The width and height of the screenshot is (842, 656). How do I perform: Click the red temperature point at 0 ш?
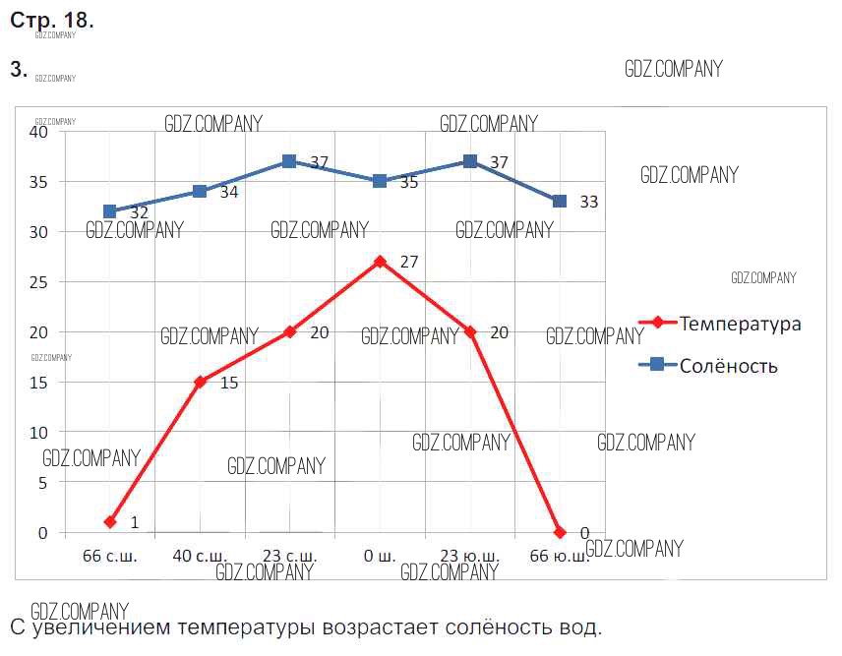(x=380, y=262)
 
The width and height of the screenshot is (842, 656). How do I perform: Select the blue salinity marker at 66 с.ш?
(x=110, y=211)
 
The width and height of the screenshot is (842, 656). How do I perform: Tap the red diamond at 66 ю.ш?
(x=560, y=532)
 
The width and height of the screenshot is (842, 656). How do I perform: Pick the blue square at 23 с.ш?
(x=289, y=161)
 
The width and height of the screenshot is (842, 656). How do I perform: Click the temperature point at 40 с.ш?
(x=200, y=382)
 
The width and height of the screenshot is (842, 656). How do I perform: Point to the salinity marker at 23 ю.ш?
(x=470, y=161)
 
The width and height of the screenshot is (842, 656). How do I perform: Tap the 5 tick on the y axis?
(x=42, y=483)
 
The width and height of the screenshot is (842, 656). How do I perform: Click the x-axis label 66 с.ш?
(x=110, y=557)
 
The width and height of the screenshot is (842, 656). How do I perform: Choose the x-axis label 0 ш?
(x=380, y=557)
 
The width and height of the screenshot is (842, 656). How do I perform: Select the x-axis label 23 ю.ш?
(x=470, y=557)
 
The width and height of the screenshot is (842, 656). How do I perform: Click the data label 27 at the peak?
(x=410, y=263)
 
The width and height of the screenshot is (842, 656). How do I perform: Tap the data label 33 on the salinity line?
(x=589, y=202)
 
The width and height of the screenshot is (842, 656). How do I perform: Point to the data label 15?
(x=229, y=383)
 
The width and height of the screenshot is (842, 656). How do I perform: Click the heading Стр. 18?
(x=52, y=20)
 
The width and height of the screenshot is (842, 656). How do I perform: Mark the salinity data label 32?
(x=140, y=212)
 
